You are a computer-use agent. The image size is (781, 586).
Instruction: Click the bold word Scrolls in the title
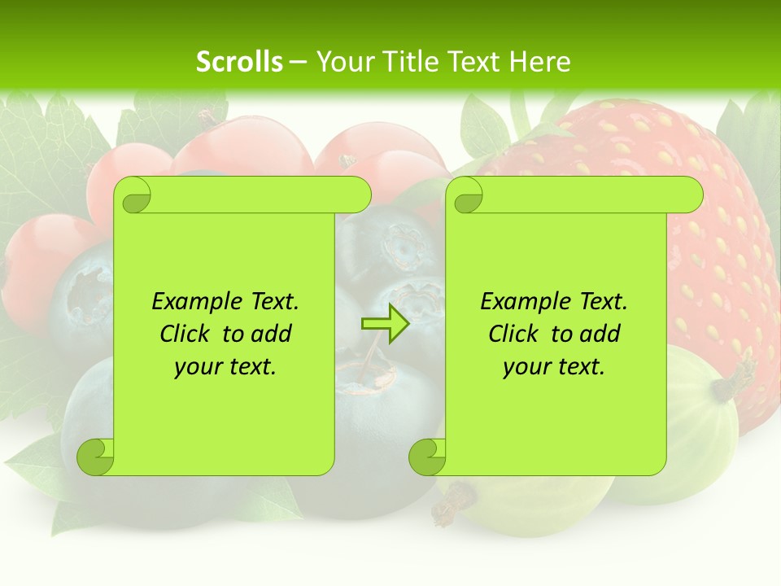pos(239,62)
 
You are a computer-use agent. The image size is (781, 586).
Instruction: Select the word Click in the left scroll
pos(185,334)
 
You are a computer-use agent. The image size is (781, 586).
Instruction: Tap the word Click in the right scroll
pos(514,334)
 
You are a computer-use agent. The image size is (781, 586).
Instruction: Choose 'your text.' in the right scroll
pos(554,367)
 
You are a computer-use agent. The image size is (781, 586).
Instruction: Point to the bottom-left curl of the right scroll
pos(427,457)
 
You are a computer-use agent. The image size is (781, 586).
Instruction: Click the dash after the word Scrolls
pos(299,62)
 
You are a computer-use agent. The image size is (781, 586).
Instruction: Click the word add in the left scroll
pos(272,334)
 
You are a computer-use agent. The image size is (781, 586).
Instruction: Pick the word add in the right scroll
pos(600,334)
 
